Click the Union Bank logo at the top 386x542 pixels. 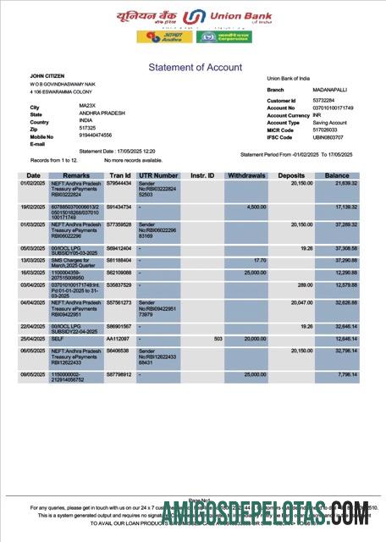(194, 18)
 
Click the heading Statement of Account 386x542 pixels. (195, 67)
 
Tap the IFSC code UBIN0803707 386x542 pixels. (328, 136)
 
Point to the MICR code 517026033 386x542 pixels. (325, 130)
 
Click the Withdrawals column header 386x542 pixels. (246, 175)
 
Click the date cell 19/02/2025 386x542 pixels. (33, 207)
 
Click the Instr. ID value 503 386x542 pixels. (218, 339)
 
